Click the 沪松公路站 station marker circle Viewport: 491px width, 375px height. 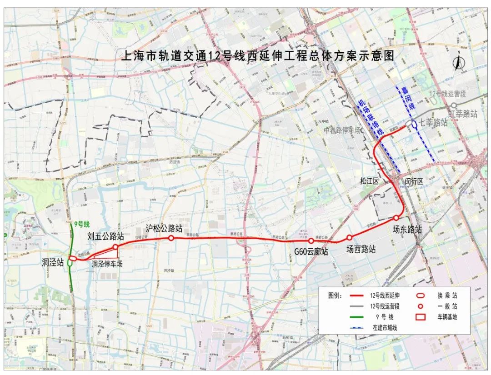pyautogui.click(x=171, y=238)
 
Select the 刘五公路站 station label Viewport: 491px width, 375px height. pyautogui.click(x=106, y=236)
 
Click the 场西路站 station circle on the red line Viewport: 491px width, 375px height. pyautogui.click(x=349, y=237)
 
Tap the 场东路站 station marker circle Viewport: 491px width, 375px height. pyautogui.click(x=396, y=218)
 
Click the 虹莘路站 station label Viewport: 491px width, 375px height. pyautogui.click(x=462, y=113)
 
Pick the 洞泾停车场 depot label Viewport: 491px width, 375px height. pyautogui.click(x=107, y=264)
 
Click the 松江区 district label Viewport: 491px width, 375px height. pyautogui.click(x=369, y=181)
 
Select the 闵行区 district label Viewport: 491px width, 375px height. pyautogui.click(x=414, y=181)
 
